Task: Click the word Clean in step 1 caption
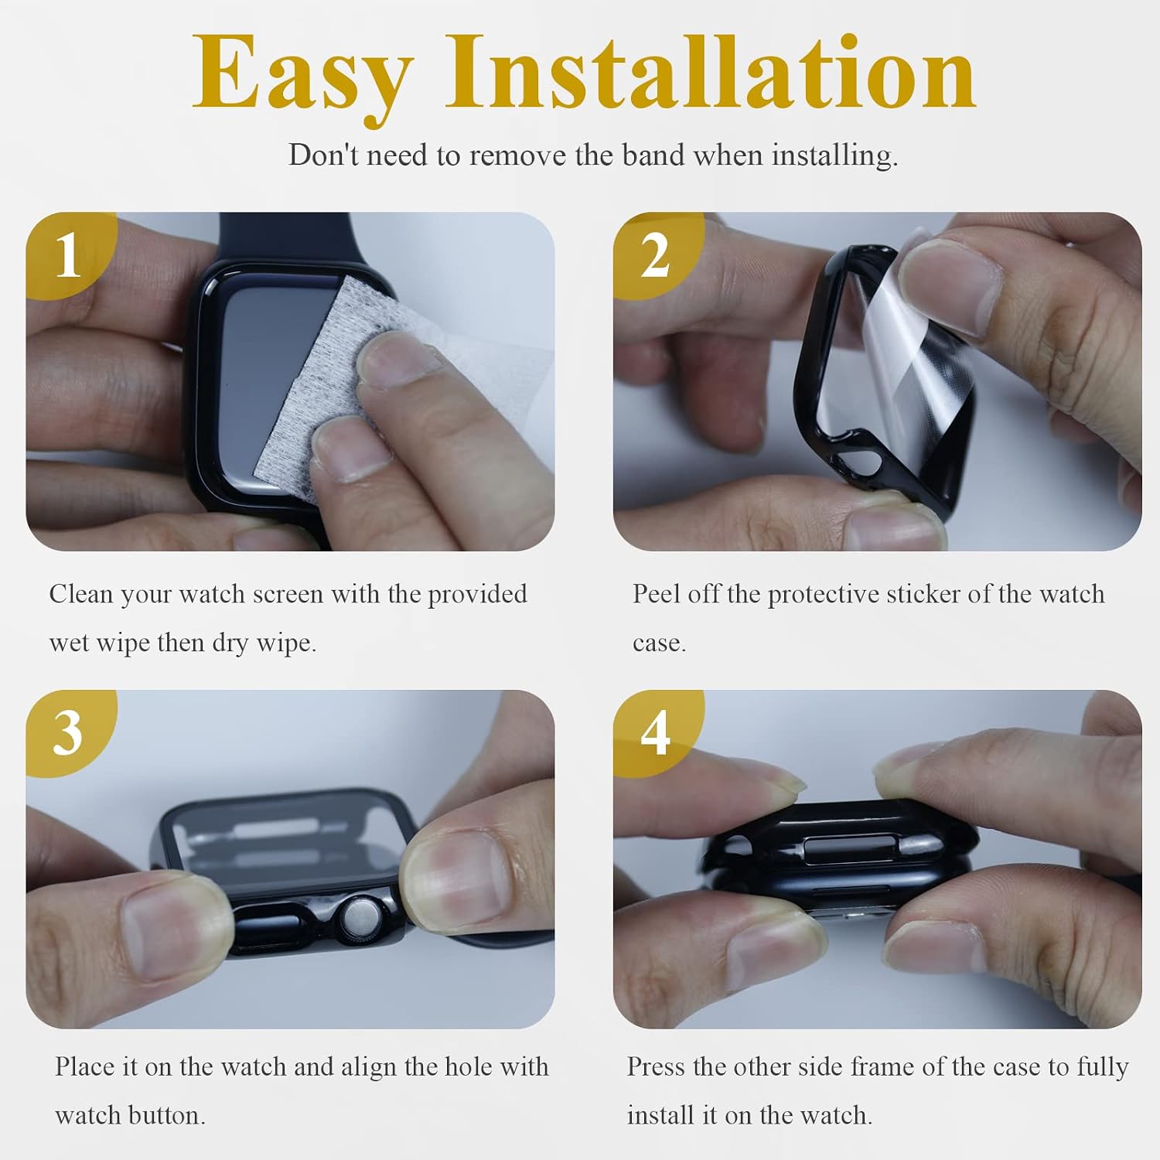[x=81, y=594]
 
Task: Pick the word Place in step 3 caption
[x=85, y=1067]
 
